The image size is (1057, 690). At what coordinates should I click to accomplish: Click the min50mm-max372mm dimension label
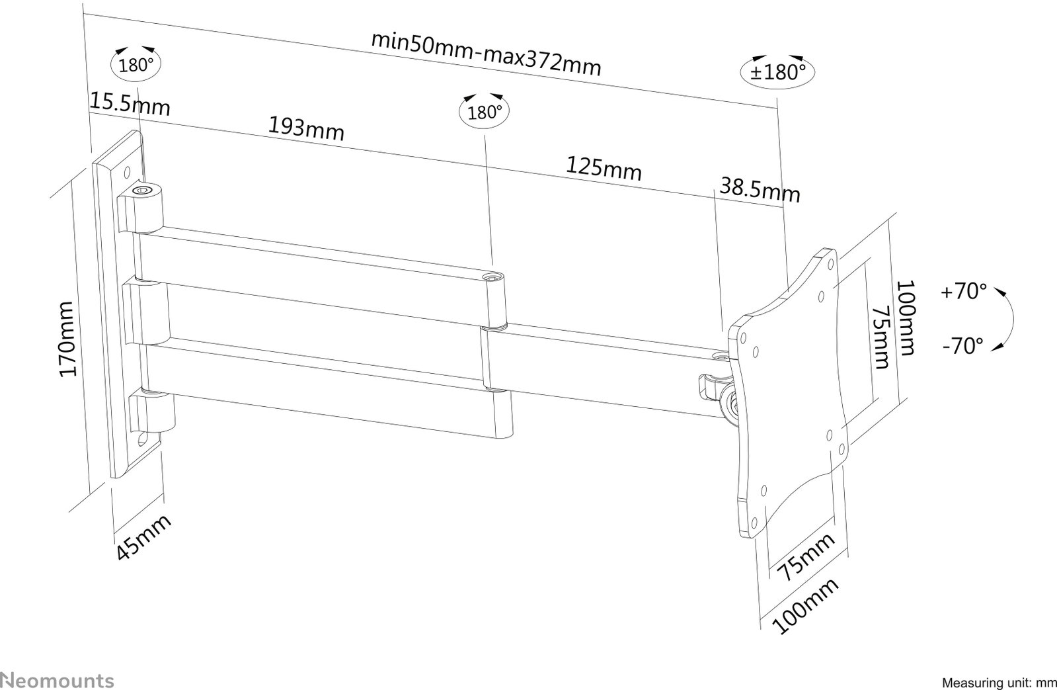pos(486,54)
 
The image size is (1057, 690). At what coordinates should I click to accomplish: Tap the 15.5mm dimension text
pos(130,105)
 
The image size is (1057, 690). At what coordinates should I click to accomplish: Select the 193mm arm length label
pos(306,128)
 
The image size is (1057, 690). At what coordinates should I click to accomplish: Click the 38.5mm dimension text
pos(760,190)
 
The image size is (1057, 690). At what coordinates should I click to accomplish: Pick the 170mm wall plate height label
pos(67,339)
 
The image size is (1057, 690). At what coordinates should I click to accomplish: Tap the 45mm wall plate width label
pos(143,537)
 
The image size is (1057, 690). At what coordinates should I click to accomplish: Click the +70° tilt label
pos(964,291)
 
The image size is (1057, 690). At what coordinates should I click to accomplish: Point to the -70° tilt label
pos(963,346)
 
